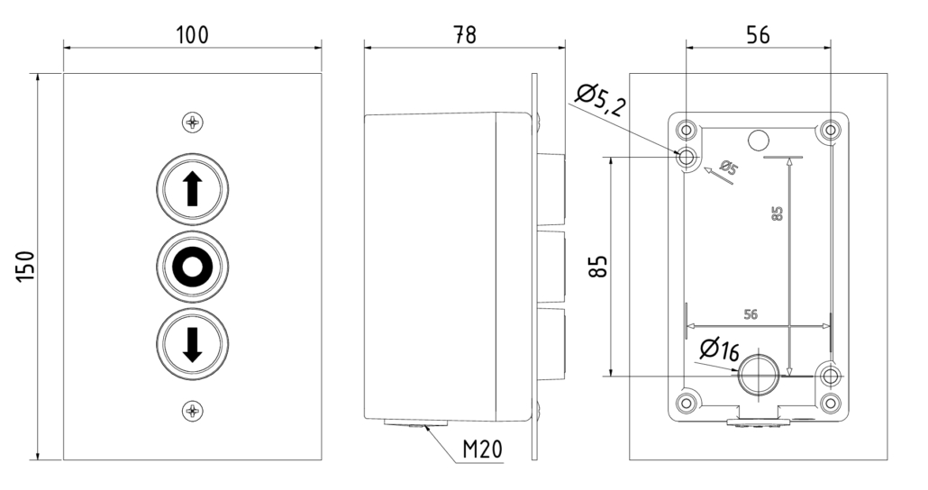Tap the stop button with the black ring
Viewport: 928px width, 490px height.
pos(192,267)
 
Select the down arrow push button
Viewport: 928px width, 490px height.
pos(192,343)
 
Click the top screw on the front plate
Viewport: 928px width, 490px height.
pos(192,122)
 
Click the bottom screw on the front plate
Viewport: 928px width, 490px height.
pos(192,412)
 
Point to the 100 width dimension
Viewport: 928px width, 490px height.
pos(191,34)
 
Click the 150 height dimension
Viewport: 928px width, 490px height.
pos(26,267)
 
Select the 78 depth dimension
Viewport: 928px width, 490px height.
pos(464,34)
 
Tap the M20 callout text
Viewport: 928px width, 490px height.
pos(483,448)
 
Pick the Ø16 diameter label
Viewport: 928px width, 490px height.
pos(719,349)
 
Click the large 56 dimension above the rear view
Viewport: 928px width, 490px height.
pos(758,34)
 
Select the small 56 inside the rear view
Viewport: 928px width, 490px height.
pos(750,314)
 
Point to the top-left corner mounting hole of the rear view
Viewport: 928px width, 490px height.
pos(687,127)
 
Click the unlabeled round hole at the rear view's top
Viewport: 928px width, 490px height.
pos(759,140)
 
